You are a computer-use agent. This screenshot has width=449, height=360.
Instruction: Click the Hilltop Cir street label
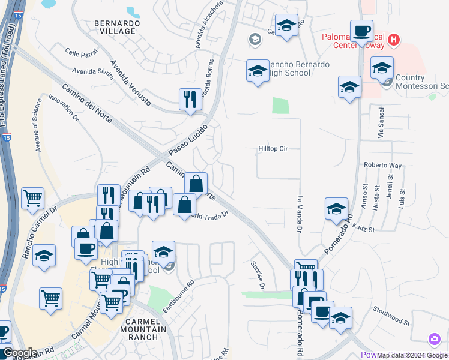[278, 148]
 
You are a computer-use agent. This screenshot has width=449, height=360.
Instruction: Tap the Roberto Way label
[382, 165]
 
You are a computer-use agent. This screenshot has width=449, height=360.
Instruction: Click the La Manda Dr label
[300, 213]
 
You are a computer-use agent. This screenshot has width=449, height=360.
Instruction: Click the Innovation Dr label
[63, 108]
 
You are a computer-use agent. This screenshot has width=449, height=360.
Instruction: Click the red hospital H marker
[393, 40]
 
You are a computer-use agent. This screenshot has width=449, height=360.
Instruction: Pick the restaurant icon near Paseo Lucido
[190, 100]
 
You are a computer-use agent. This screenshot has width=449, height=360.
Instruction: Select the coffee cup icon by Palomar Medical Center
[361, 31]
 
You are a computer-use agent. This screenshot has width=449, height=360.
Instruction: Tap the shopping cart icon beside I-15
[33, 199]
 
